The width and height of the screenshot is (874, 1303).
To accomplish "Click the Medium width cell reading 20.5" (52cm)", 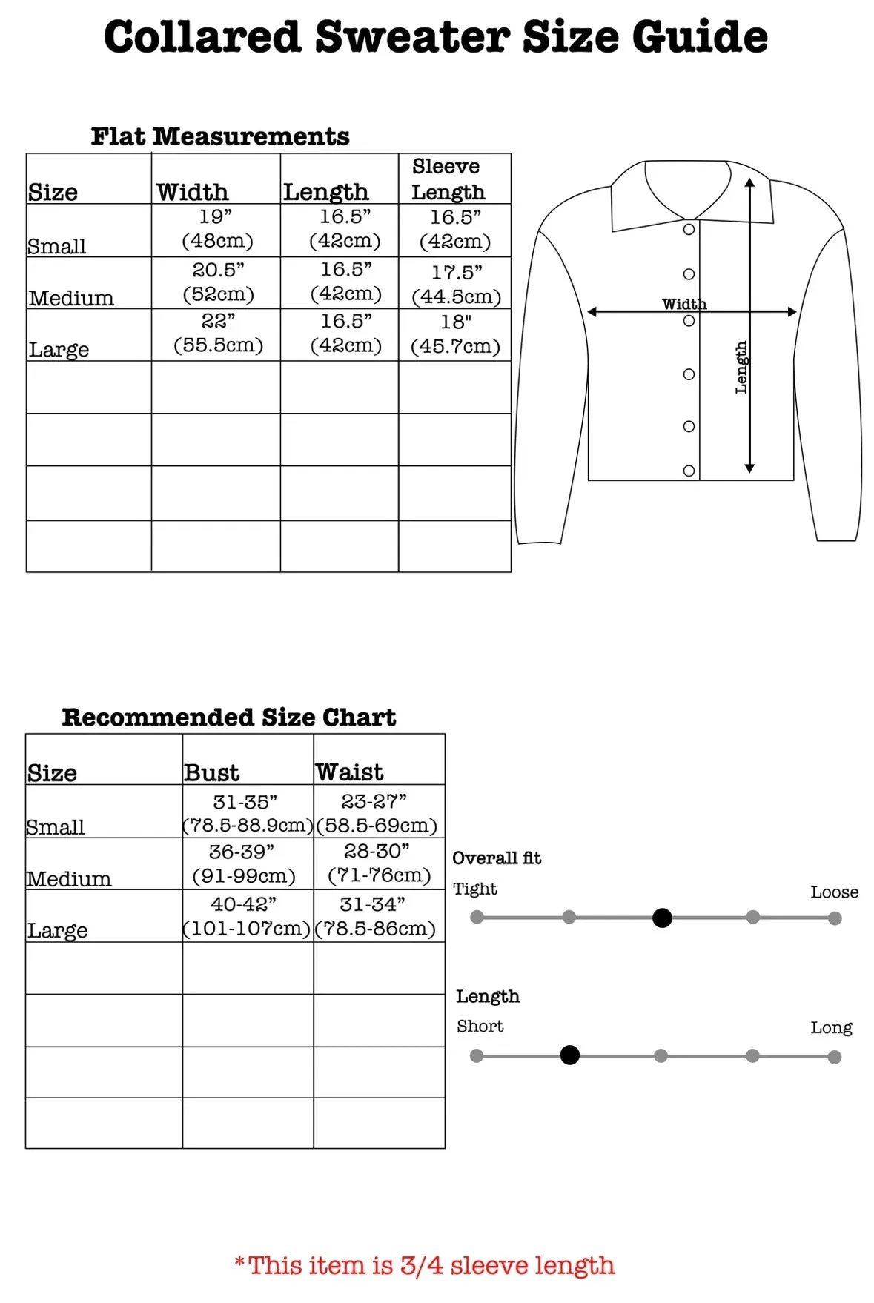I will [x=218, y=282].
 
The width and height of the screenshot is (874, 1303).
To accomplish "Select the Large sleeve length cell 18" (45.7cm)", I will [x=455, y=334].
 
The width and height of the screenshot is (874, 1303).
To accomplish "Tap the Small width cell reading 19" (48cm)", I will [x=216, y=229].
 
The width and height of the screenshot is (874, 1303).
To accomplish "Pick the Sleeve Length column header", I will [x=448, y=179].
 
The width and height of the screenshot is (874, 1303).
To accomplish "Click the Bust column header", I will [x=211, y=772].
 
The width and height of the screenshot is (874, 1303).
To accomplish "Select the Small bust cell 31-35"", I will [x=246, y=813].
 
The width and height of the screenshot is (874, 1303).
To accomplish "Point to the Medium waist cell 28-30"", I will [x=378, y=863].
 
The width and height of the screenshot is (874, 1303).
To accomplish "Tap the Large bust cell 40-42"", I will [x=245, y=916].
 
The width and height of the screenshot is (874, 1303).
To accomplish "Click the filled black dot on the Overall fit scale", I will [x=662, y=918].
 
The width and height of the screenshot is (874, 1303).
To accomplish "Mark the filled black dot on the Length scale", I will [x=569, y=1055].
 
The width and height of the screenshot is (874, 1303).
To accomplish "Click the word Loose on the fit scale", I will [x=834, y=892].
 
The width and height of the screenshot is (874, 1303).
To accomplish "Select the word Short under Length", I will [x=480, y=1027].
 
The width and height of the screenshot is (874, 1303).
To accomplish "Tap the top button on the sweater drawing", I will [x=689, y=230].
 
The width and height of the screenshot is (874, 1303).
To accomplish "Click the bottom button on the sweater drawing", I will [x=689, y=471].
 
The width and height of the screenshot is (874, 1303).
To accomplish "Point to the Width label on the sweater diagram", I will [x=683, y=304].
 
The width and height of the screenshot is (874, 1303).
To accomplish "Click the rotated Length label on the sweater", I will [x=741, y=368].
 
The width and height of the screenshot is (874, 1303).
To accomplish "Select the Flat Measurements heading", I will [x=220, y=136].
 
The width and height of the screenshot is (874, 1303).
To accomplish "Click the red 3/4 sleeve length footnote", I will [x=425, y=1265].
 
